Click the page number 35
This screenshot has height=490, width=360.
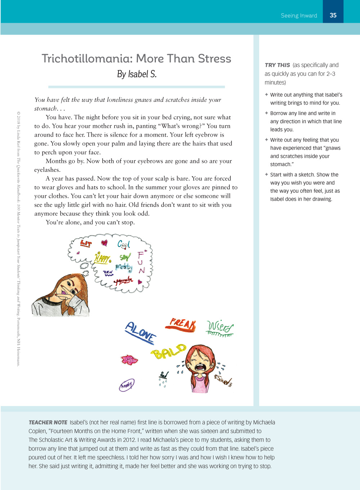[333, 15]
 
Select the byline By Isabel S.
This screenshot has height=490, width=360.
[136, 74]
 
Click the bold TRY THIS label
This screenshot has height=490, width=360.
[277, 65]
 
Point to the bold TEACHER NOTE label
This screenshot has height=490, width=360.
[48, 422]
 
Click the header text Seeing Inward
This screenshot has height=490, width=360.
[299, 15]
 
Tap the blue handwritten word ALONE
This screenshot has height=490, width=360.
[140, 332]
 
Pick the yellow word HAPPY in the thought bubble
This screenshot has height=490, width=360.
[103, 258]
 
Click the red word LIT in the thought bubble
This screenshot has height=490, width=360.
[86, 244]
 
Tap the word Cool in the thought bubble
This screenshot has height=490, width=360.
[123, 244]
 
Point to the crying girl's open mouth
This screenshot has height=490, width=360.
[199, 368]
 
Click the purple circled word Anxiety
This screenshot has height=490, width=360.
[127, 385]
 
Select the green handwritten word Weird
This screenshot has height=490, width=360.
[220, 328]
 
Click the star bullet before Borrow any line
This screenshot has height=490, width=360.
[266, 113]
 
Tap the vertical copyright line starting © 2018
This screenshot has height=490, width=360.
[18, 238]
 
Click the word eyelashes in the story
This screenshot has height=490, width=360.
[47, 170]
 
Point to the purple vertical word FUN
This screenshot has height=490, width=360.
[141, 262]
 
